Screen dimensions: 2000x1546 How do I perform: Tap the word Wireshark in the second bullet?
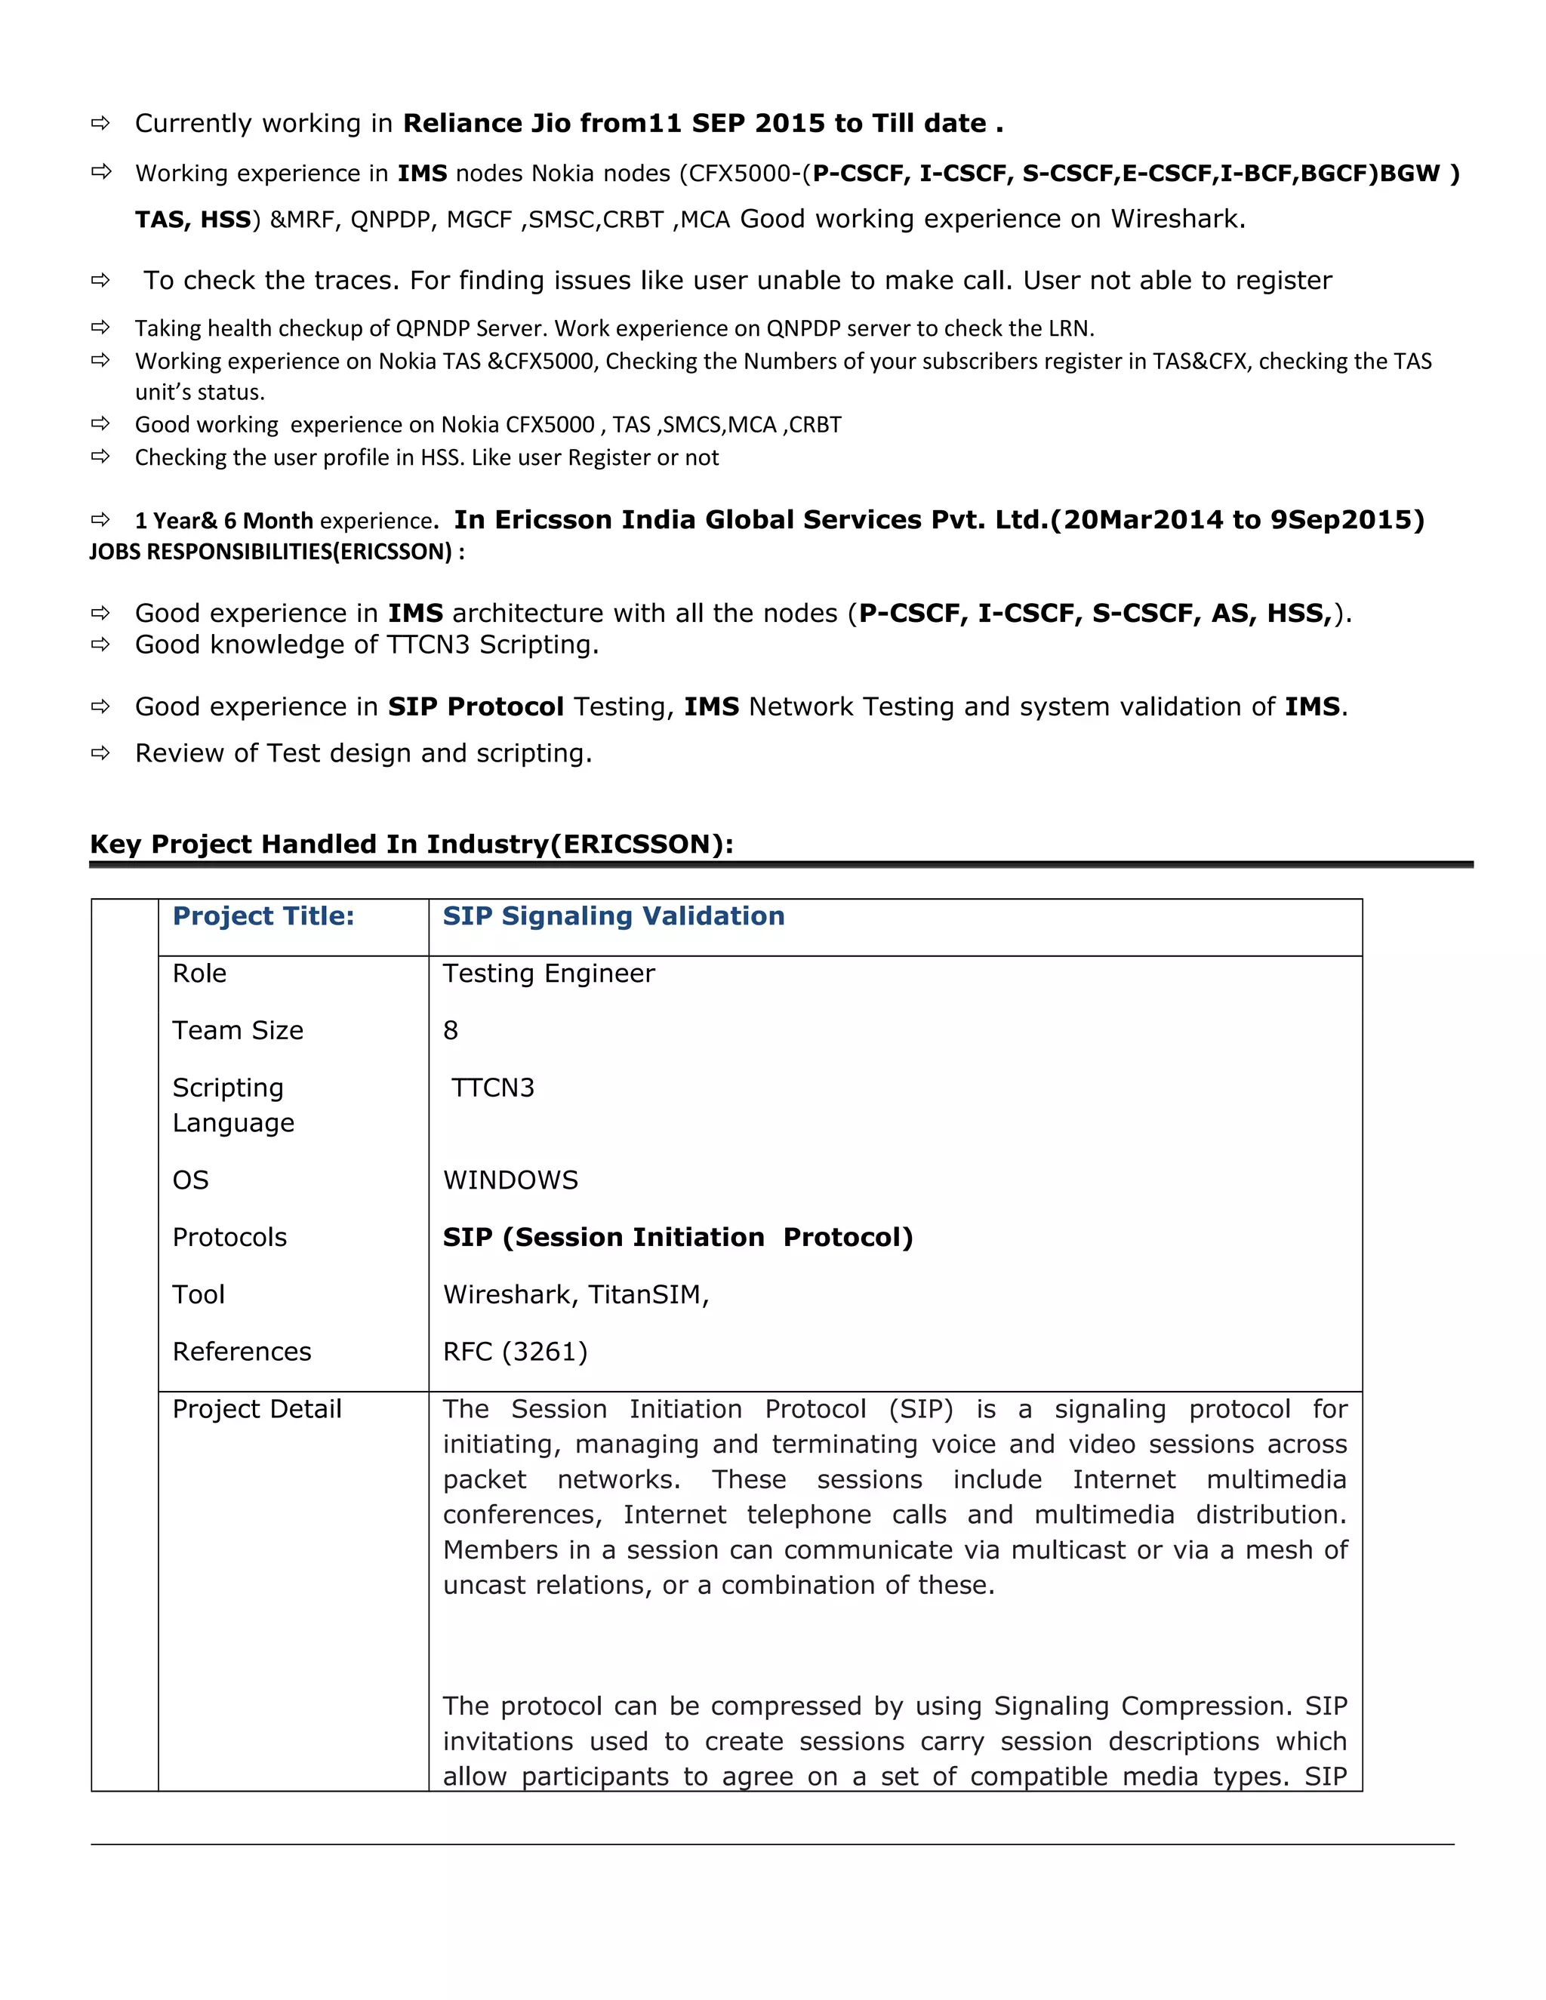point(1176,220)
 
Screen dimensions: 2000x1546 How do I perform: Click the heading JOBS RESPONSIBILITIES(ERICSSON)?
point(276,552)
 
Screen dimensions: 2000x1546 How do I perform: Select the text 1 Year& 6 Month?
point(224,521)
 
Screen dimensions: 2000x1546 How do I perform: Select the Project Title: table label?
point(263,917)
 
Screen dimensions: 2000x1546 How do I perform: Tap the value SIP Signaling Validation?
point(613,917)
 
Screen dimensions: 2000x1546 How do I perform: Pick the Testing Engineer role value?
point(549,974)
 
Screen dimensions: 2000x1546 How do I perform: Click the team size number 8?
point(450,1031)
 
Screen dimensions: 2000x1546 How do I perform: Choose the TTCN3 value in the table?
point(493,1088)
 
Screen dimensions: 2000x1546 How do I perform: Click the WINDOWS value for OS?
point(510,1180)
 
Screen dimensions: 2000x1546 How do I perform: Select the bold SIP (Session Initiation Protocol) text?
point(678,1238)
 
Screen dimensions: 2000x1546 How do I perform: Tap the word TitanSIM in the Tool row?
point(647,1295)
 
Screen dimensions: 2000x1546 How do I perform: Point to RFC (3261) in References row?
point(515,1352)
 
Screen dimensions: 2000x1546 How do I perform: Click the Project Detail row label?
point(257,1409)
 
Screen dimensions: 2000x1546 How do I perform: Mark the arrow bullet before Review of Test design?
point(100,754)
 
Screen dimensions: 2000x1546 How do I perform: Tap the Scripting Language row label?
point(233,1106)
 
